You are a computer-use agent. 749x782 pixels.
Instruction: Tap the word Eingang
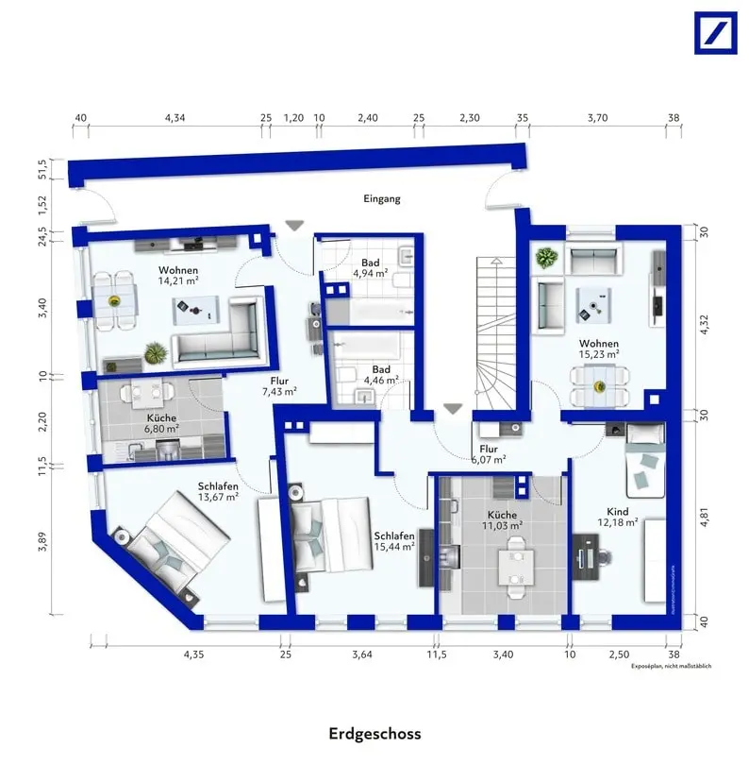[x=382, y=199]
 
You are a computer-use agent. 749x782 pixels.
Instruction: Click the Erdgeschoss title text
[x=374, y=734]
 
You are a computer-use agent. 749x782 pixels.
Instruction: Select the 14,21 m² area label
[x=177, y=280]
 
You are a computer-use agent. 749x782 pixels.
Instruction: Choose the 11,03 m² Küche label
[x=502, y=520]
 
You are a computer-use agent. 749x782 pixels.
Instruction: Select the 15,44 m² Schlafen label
[x=394, y=541]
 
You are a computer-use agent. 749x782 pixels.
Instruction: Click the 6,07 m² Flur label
[x=489, y=455]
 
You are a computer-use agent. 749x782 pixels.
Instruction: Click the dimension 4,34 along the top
[x=175, y=118]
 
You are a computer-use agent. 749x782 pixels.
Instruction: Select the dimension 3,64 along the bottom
[x=361, y=654]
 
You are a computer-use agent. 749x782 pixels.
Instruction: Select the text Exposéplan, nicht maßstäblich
[x=671, y=667]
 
